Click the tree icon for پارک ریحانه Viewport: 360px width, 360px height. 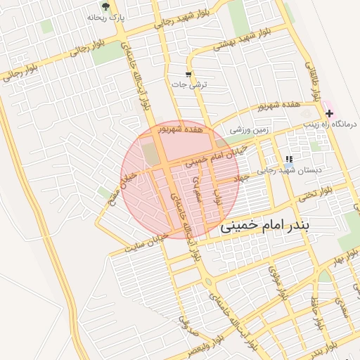pyautogui.click(x=105, y=6)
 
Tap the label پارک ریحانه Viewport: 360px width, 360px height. pyautogui.click(x=106, y=17)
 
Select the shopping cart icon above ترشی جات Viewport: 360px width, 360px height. pyautogui.click(x=188, y=74)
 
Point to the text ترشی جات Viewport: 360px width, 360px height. pyautogui.click(x=189, y=84)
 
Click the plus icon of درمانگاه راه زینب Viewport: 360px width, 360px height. pyautogui.click(x=328, y=113)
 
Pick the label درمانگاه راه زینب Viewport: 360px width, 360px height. pyautogui.click(x=330, y=124)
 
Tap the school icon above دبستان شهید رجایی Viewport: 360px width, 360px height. pyautogui.click(x=288, y=160)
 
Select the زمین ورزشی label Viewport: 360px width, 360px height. pyautogui.click(x=250, y=129)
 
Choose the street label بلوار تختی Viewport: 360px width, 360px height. pyautogui.click(x=315, y=195)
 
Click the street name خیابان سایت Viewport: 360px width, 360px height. pyautogui.click(x=146, y=242)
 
